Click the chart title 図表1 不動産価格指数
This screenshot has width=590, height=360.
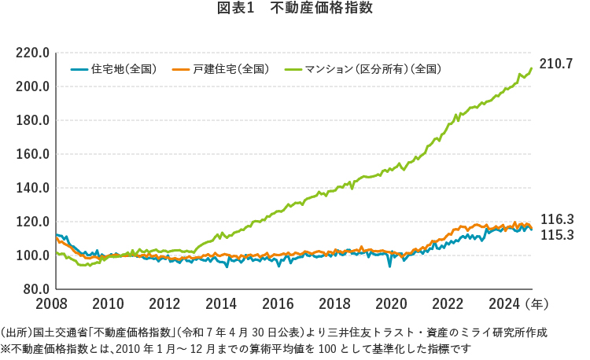[x=294, y=9]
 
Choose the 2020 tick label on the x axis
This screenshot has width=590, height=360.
[x=391, y=303]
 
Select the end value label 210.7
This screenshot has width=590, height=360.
[x=557, y=63]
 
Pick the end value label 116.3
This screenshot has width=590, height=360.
[x=557, y=220]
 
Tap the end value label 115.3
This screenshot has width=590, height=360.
[x=557, y=235]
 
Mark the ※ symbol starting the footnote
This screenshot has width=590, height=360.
[x=6, y=347]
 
